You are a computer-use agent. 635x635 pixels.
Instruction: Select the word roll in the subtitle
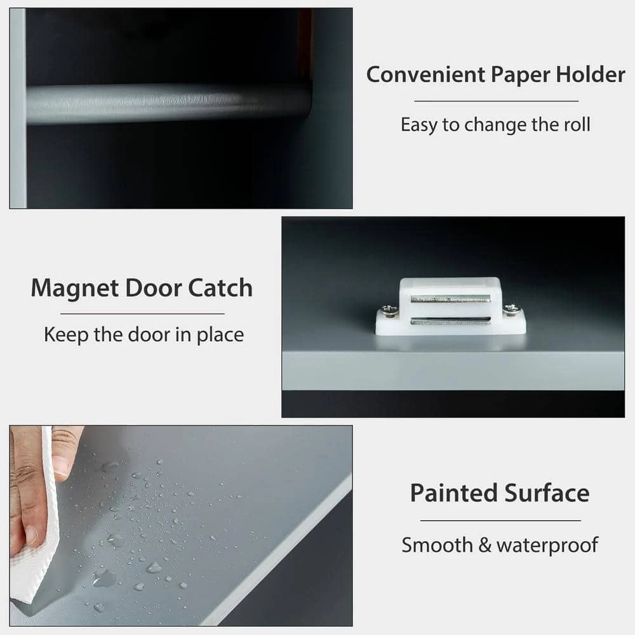pos(577,124)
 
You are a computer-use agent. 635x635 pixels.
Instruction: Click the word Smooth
pos(437,545)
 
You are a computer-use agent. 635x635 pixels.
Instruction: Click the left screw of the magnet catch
pos(389,311)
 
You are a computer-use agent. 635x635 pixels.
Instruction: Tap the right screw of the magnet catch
pos(512,309)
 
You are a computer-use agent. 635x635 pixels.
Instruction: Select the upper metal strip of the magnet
pos(450,298)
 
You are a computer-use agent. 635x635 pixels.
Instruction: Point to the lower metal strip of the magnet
pos(450,321)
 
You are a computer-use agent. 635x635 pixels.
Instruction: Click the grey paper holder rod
pos(168,103)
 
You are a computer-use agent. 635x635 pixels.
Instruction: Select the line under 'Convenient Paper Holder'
pos(496,101)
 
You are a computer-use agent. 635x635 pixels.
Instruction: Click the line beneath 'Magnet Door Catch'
pos(142,314)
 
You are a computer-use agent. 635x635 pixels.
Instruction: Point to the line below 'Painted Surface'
pos(500,521)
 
